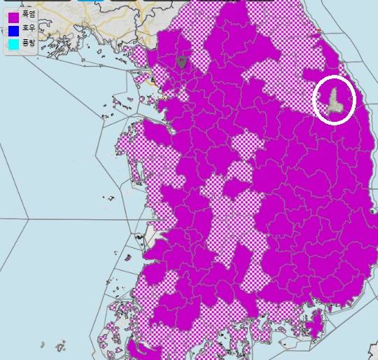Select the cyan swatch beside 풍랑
(x=13, y=44)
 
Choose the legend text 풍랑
(x=28, y=43)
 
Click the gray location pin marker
(x=182, y=62)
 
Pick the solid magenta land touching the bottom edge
(x=140, y=349)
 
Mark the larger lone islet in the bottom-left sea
(x=60, y=346)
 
